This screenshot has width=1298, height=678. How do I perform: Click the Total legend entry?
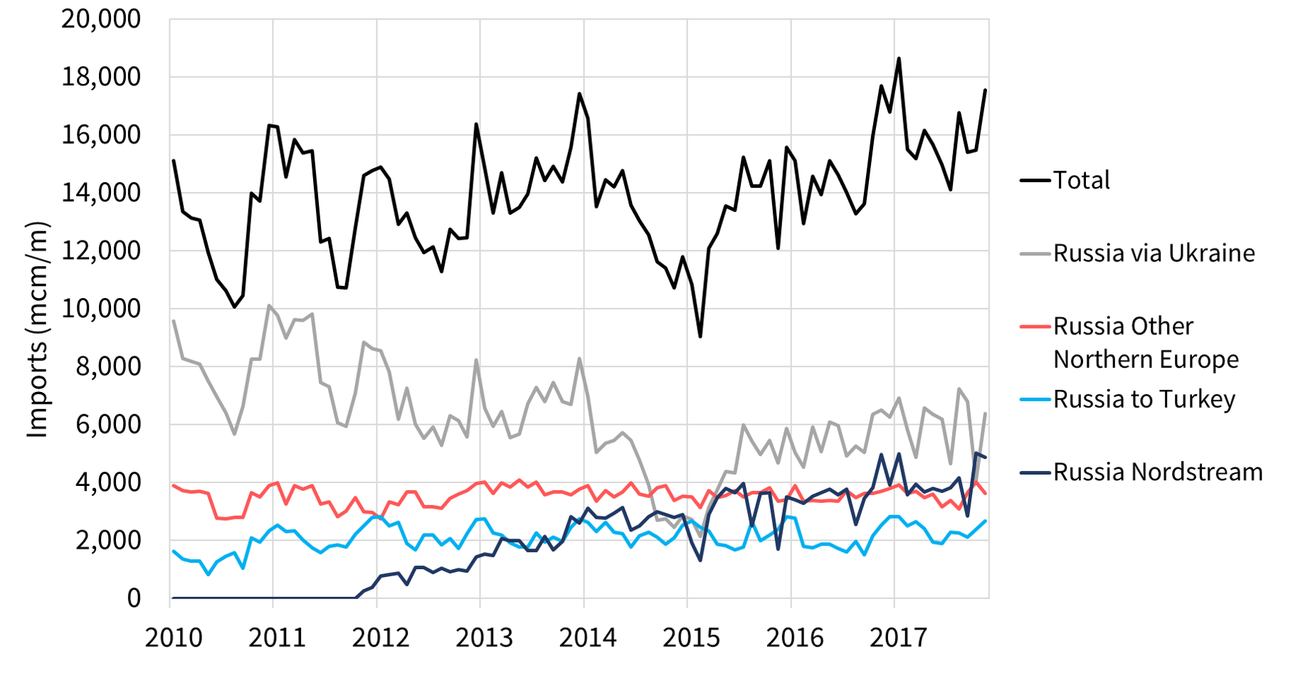[x=1081, y=180]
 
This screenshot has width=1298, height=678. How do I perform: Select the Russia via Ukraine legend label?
[x=1154, y=253]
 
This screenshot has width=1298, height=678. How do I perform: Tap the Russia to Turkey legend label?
[x=1144, y=399]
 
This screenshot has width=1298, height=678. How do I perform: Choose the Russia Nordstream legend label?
[x=1158, y=472]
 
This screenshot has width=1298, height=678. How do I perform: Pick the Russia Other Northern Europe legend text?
[x=1145, y=342]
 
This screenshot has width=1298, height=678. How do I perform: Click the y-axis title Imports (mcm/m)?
[x=37, y=330]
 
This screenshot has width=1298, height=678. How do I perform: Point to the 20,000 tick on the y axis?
[x=101, y=19]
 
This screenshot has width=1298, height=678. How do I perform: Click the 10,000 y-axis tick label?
[x=101, y=309]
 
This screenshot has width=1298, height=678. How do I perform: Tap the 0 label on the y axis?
[x=134, y=598]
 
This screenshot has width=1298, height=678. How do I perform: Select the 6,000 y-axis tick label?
[x=107, y=425]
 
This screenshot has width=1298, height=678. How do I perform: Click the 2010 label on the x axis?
[x=174, y=637]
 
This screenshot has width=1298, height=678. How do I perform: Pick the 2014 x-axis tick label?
[x=588, y=637]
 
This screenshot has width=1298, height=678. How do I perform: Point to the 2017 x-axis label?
[x=898, y=637]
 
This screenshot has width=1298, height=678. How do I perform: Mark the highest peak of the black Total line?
[x=899, y=58]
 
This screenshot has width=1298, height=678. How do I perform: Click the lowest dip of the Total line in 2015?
[x=700, y=337]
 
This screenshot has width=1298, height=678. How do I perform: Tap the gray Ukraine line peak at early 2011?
[x=269, y=306]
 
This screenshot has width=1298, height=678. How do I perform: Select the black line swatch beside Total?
[x=1035, y=180]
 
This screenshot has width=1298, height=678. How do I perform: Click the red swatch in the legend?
[x=1035, y=327]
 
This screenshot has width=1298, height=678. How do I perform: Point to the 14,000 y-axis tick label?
[x=101, y=193]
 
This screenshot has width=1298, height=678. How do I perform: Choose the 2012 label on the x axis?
[x=381, y=637]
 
